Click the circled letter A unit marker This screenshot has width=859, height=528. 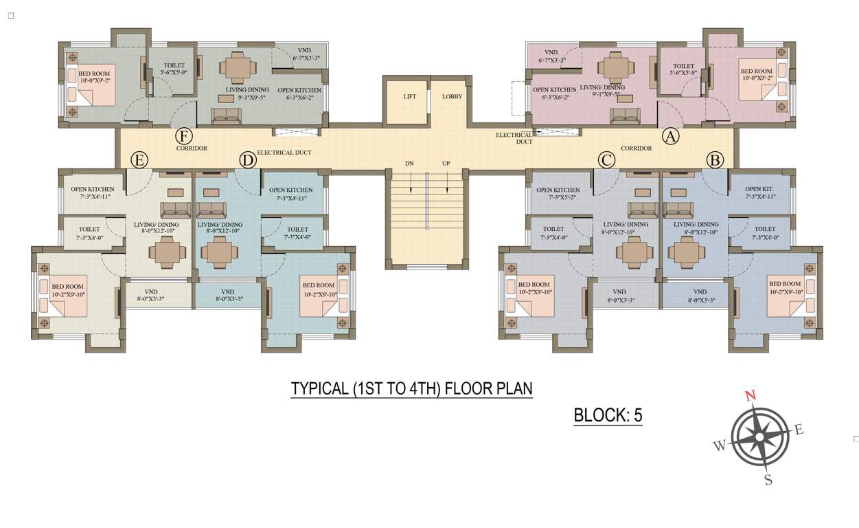pos(670,136)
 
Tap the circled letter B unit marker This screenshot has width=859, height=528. pos(715,160)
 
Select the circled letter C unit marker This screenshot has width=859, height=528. pos(606,160)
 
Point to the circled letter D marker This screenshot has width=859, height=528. pos(247,160)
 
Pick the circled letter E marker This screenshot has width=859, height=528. pos(139,160)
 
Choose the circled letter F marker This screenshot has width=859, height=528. pos(183,136)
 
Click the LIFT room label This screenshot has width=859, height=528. pos(409,97)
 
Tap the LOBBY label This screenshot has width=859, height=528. pos(452,97)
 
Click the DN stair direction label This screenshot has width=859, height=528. pos(409,164)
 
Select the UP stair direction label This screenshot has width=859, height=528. pos(446,164)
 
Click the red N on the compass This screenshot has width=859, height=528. pos(751,395)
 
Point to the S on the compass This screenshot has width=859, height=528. pos(768,480)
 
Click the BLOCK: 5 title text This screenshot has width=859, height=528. pos(608,415)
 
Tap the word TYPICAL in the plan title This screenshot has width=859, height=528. pos(319,388)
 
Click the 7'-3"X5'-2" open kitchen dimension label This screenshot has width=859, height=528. pos(558,198)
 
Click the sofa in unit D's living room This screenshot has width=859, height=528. pos(211,210)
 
